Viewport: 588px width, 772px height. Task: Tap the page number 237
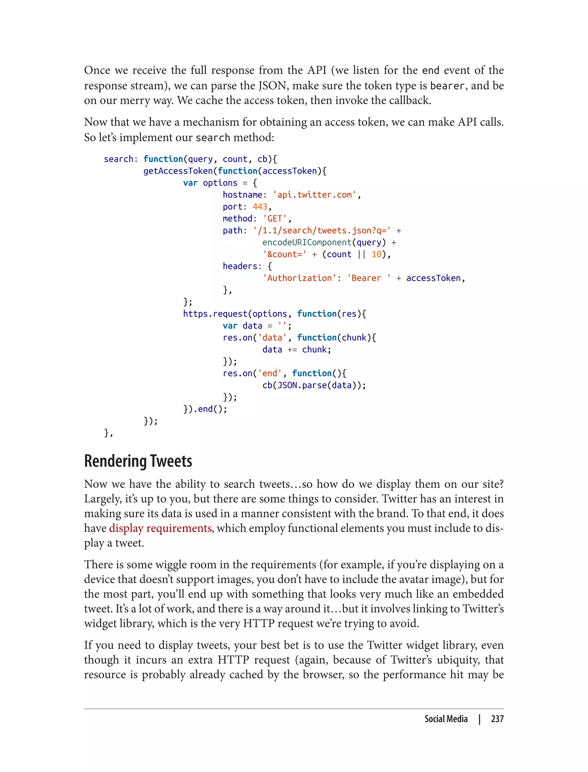click(497, 719)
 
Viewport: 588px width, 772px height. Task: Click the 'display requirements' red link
click(160, 528)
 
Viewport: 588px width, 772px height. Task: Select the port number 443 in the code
click(260, 206)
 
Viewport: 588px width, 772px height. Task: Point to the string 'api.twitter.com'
click(314, 195)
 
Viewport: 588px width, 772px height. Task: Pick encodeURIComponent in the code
click(307, 242)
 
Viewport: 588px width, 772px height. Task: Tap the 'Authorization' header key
click(299, 278)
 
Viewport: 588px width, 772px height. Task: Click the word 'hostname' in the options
click(243, 195)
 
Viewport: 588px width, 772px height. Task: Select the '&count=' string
click(284, 254)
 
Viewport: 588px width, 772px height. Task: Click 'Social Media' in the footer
click(446, 719)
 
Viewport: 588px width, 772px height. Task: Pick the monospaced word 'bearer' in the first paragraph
click(447, 86)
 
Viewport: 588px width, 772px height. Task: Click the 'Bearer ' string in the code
click(369, 278)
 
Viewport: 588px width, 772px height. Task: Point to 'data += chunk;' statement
click(297, 350)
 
